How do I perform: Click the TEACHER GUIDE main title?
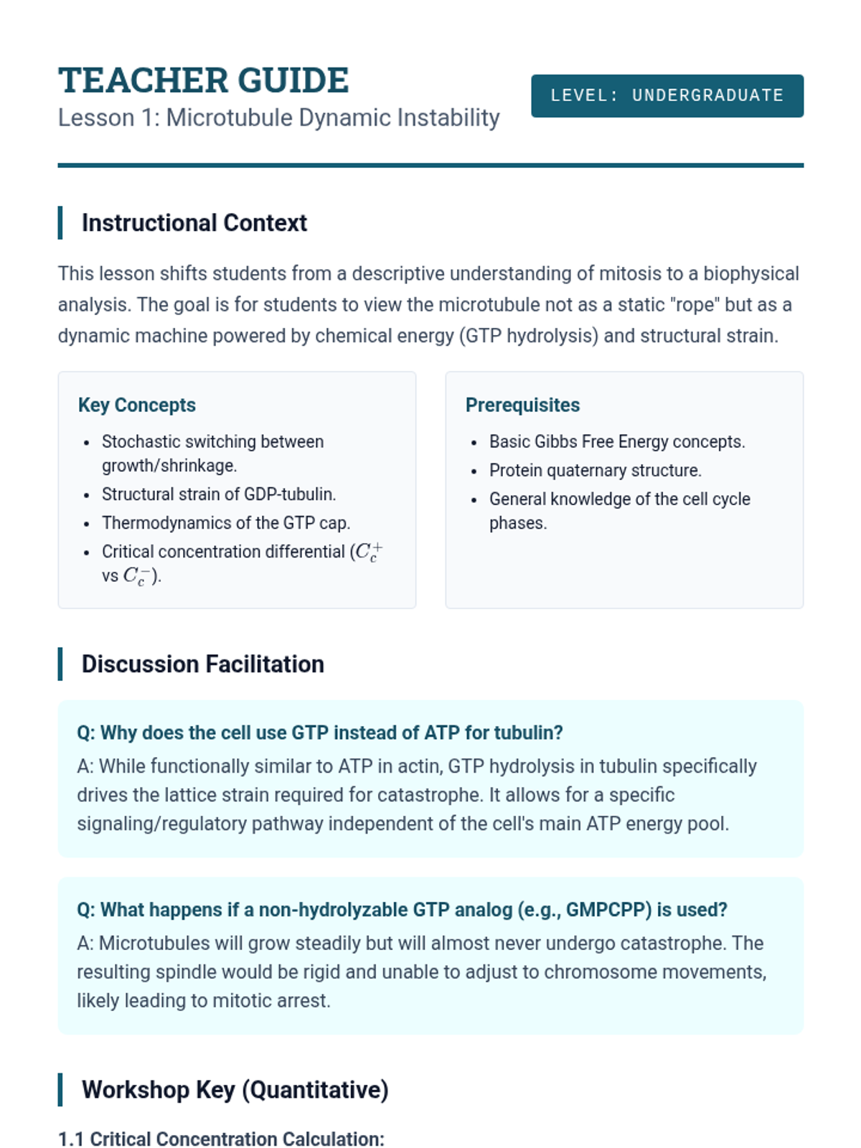[x=203, y=80]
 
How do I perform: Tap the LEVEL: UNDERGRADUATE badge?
[x=667, y=95]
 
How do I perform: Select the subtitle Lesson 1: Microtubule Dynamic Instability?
[x=278, y=118]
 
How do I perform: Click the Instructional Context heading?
[x=194, y=223]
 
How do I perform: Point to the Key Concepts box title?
[x=136, y=405]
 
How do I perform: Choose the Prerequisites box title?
[x=522, y=405]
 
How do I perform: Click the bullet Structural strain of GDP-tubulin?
[x=218, y=494]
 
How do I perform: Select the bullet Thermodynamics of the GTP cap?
[x=225, y=523]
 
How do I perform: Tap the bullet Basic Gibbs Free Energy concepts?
[x=616, y=441]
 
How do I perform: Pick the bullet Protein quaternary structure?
[x=595, y=470]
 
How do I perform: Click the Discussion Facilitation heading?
[x=202, y=664]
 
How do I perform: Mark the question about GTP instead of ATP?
[x=319, y=733]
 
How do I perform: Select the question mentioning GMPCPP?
[x=402, y=910]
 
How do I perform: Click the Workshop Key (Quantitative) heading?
[x=235, y=1090]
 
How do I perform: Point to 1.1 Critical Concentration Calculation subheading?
[x=221, y=1139]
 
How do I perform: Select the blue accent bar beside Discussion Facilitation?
[x=60, y=664]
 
